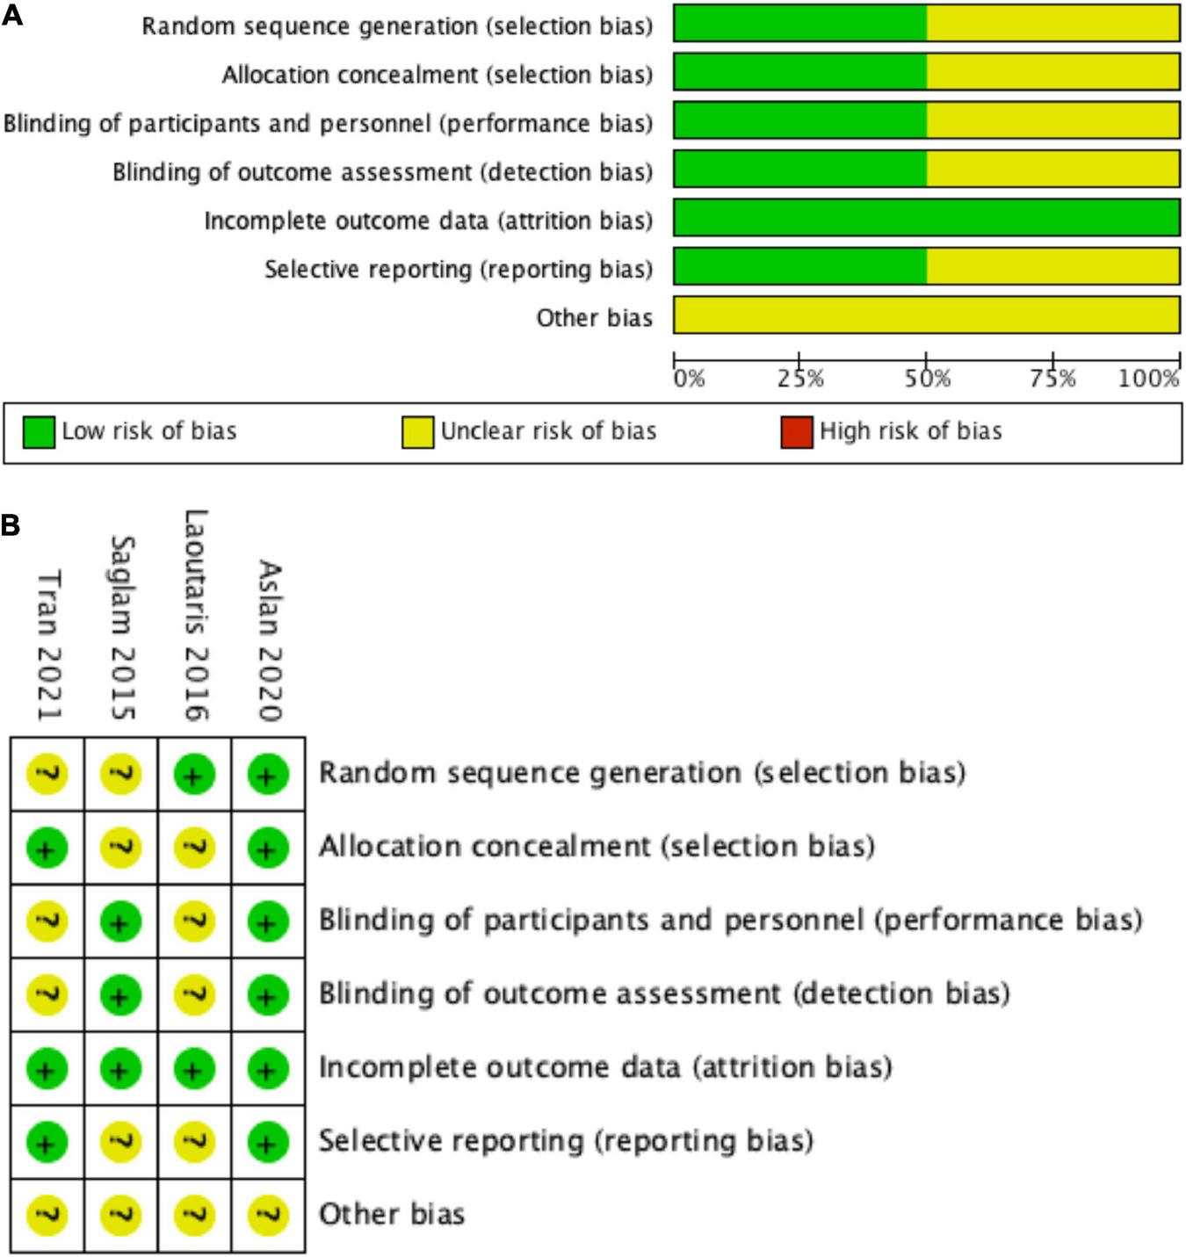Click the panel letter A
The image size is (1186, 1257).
(12, 15)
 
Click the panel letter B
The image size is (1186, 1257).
(11, 525)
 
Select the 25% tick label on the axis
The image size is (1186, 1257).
(800, 379)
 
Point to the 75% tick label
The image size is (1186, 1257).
(1053, 379)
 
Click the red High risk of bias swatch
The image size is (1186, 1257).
(797, 432)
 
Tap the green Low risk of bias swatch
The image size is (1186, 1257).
(39, 432)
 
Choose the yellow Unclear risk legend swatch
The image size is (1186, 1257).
(417, 432)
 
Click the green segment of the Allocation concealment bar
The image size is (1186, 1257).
(800, 72)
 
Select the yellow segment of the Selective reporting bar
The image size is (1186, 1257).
(1052, 266)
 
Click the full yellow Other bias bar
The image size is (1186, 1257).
(926, 315)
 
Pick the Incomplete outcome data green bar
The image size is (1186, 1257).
(926, 218)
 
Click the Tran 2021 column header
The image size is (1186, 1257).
(48, 645)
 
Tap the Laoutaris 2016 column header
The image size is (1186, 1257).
(195, 615)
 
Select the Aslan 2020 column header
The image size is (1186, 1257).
(269, 640)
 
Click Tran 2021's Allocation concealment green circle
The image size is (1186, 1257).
(47, 849)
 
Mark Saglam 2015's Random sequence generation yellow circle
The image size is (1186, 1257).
(121, 775)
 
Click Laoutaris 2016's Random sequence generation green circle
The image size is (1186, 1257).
(194, 775)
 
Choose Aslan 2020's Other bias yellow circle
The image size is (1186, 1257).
(268, 1216)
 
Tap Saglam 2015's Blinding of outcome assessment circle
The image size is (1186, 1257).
(121, 995)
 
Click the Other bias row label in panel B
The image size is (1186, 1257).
(391, 1215)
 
